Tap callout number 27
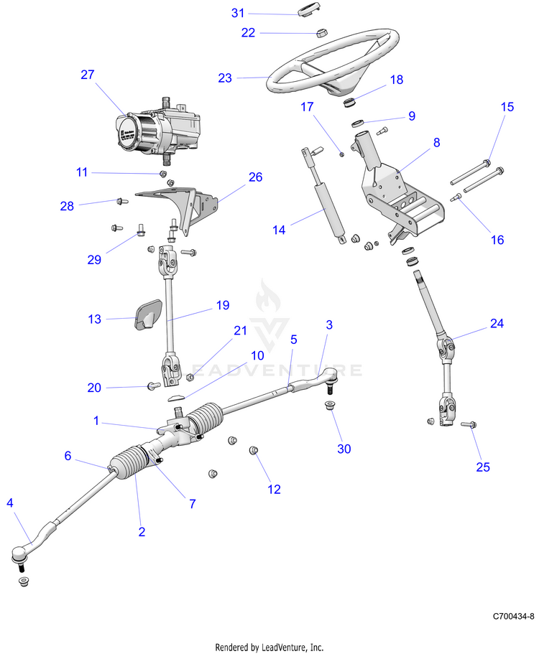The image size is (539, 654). (x=88, y=75)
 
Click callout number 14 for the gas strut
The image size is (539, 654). (x=280, y=230)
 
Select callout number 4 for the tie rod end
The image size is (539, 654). (x=10, y=503)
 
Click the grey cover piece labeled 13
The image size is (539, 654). (x=149, y=312)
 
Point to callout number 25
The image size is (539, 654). (x=483, y=467)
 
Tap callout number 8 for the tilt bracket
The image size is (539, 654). (x=436, y=143)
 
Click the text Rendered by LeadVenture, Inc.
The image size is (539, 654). (x=269, y=647)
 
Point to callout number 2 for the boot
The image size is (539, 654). (x=142, y=532)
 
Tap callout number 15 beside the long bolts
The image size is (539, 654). (x=507, y=107)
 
